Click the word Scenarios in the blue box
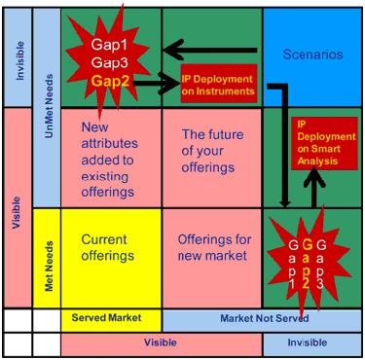pos(312,54)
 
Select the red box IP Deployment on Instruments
pos(219,84)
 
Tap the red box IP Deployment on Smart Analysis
pos(325,143)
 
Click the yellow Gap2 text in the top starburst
pos(110,81)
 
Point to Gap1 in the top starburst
pos(109,45)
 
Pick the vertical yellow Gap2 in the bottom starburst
pos(307,264)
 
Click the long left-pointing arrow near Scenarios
pos(210,50)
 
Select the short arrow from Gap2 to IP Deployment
pos(156,84)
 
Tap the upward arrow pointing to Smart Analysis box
pos(314,188)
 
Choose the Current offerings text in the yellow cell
pos(107,247)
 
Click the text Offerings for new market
pos(214,247)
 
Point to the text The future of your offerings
pos(212,151)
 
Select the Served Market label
pos(106,317)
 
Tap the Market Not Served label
pos(265,318)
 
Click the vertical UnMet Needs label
pos(49,106)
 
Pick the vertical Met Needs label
pos(49,266)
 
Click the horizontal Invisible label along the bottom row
pos(308,342)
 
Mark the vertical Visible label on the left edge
pos(17,212)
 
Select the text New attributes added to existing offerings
pos(109,160)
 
